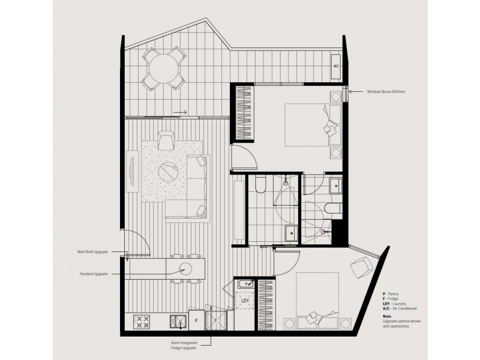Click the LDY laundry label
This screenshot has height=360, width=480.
tap(245, 299)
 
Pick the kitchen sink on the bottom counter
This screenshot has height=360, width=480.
tap(178, 322)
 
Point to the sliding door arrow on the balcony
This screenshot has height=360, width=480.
tap(179, 112)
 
